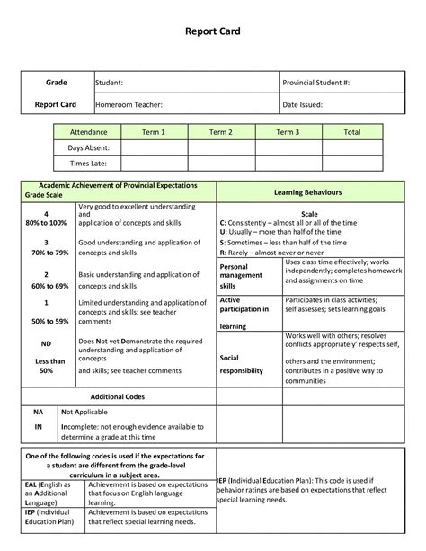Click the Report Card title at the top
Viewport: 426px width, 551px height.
(213, 31)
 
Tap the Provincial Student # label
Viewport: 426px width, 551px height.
(315, 83)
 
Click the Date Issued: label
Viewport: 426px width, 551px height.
(302, 104)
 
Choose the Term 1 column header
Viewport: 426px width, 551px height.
(153, 132)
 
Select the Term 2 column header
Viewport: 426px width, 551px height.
(220, 132)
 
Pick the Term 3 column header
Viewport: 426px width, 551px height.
(288, 132)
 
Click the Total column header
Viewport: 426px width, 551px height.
(352, 132)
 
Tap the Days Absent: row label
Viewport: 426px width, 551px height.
(88, 147)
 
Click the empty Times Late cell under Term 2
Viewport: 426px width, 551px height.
(220, 163)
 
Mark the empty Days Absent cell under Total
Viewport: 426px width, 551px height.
(352, 147)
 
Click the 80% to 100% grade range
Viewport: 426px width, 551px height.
(47, 222)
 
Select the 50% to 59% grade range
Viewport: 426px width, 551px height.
(47, 321)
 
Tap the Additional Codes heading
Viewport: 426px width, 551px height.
(118, 396)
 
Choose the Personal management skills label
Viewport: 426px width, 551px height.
(240, 276)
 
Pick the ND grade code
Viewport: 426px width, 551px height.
(47, 342)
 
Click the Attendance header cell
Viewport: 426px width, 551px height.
(88, 132)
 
